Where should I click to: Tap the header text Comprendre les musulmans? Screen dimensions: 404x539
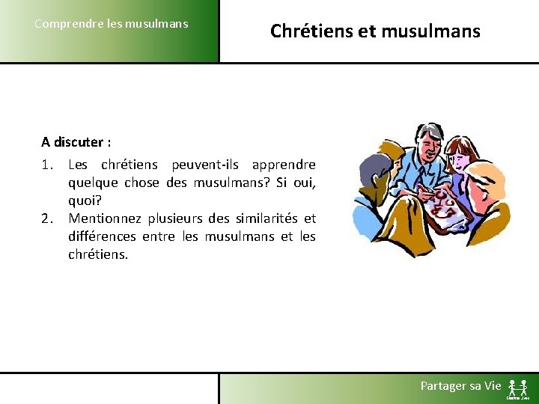pos(112,23)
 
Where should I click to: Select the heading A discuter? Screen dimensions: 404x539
pos(76,142)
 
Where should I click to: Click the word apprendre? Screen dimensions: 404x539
pos(284,165)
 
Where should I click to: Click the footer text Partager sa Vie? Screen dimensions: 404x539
pos(460,385)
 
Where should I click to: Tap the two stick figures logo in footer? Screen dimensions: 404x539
pos(517,388)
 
